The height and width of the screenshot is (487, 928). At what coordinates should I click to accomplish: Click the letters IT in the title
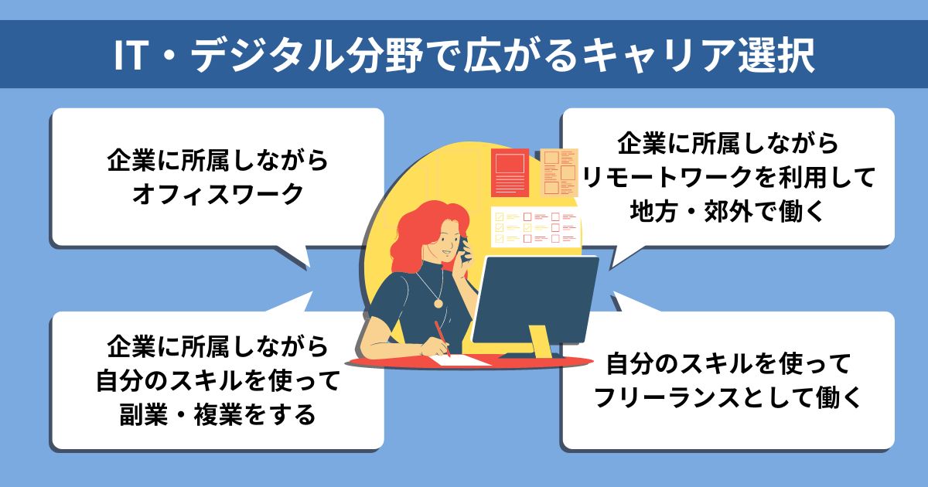pos(131,56)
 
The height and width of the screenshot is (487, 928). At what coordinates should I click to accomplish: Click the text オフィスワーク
pos(218,194)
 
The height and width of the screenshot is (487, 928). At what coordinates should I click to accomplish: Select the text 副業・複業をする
pos(218,414)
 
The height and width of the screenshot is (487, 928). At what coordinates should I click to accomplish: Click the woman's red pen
pos(442,339)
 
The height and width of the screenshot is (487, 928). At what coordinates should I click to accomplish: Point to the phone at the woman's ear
pos(465,249)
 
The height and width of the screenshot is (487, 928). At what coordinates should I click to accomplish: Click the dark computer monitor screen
pos(535,300)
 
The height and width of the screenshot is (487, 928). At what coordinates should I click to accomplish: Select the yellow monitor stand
pos(540,342)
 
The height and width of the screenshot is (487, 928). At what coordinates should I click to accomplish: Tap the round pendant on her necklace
pos(438,303)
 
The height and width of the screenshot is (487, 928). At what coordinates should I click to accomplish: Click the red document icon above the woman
pos(510,172)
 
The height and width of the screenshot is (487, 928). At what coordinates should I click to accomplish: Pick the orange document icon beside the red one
pos(559,172)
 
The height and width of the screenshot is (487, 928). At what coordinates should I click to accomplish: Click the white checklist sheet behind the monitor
pos(535,228)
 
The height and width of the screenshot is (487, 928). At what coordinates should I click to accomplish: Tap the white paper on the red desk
pos(460,360)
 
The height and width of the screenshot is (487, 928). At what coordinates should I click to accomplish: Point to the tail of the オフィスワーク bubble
pos(295,257)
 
